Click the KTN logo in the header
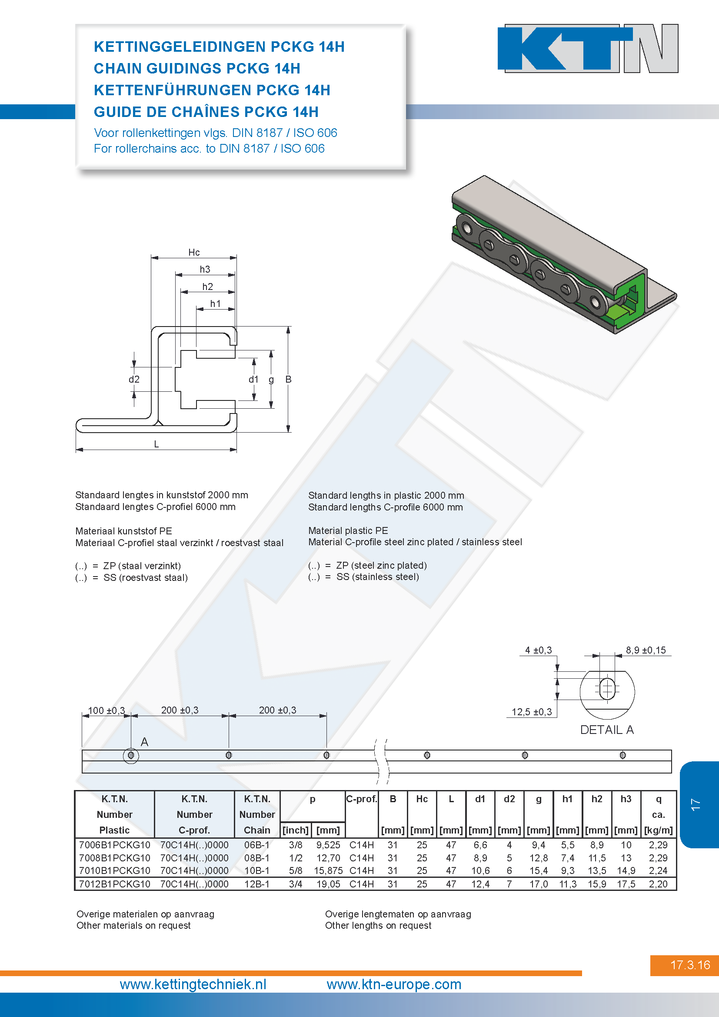click(x=588, y=48)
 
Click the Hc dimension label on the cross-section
click(x=194, y=253)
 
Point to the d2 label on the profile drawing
click(x=134, y=379)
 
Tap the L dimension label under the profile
click(x=156, y=444)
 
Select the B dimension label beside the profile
click(x=288, y=379)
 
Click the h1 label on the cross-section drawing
click(x=215, y=304)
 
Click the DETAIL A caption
click(x=607, y=730)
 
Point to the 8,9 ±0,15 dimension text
click(x=646, y=650)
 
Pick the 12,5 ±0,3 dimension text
click(x=532, y=712)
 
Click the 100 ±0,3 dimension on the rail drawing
click(x=106, y=710)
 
